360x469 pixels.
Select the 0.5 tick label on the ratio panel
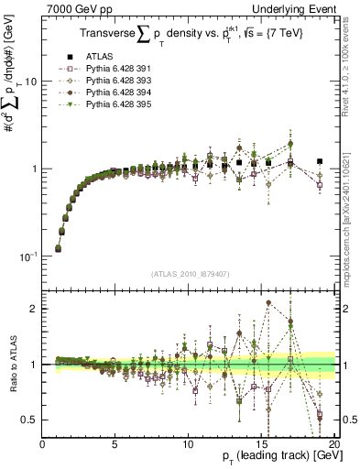click(x=31, y=420)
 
